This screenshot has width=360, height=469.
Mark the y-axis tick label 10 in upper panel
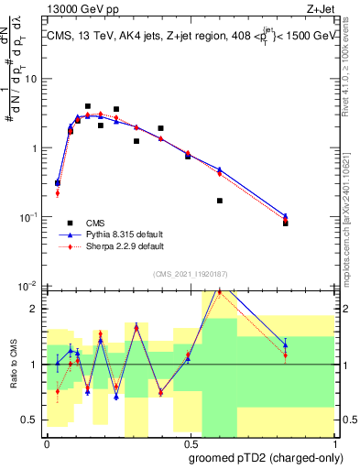(31, 79)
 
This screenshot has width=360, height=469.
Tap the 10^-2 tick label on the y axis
(29, 286)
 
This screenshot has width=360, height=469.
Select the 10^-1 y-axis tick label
(29, 217)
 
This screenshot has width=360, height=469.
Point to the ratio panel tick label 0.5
(32, 420)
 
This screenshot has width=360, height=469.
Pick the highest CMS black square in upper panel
(88, 106)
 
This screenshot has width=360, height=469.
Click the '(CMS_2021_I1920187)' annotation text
(190, 274)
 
